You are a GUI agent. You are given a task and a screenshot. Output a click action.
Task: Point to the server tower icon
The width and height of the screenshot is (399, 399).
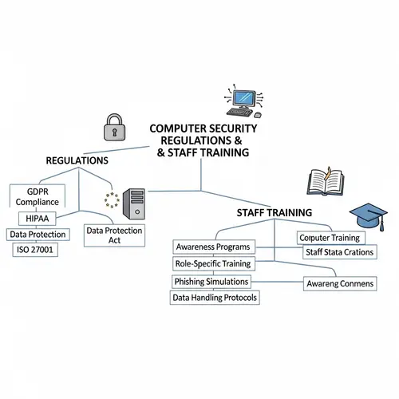[133, 205]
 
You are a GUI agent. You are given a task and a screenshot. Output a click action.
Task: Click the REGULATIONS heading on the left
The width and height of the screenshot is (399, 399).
[77, 160]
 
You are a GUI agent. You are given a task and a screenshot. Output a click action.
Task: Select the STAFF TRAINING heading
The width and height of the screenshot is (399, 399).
[274, 213]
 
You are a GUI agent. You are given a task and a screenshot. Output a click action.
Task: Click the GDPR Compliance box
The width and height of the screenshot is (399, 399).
[36, 196]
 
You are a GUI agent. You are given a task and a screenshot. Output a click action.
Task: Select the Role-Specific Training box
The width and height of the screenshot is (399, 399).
[212, 263]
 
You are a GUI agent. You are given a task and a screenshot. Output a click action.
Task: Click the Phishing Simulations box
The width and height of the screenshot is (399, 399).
[211, 282]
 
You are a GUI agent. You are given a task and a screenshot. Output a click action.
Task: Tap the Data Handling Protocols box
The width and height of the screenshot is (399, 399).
[215, 298]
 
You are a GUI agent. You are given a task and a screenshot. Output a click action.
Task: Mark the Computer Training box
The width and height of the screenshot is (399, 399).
[328, 238]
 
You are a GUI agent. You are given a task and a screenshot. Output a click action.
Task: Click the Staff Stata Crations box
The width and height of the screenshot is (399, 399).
[334, 252]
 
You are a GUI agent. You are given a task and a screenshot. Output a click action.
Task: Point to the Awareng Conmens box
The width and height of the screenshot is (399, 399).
[340, 283]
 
